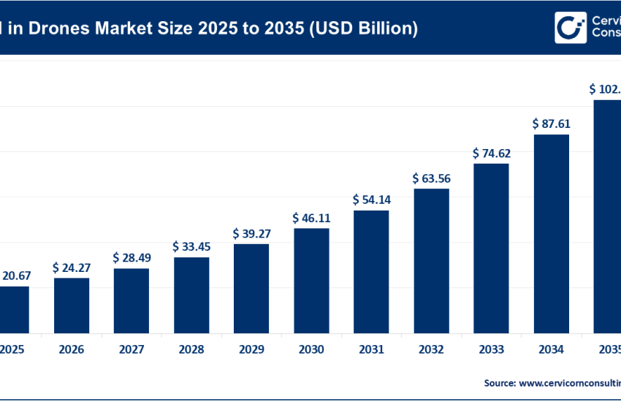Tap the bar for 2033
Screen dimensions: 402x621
coord(491,248)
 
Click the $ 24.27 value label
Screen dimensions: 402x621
coord(72,268)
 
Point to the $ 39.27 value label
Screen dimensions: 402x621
coord(251,233)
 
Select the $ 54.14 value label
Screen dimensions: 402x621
coord(371,200)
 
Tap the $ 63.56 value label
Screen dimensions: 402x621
coord(431,178)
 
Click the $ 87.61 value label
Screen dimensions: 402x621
coord(551,124)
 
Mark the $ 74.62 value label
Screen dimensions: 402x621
coord(491,153)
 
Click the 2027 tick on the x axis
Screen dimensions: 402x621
coord(132,349)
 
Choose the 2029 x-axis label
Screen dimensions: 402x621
coord(251,349)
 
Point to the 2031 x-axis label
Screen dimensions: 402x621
coord(371,349)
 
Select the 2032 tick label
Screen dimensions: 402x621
coord(431,349)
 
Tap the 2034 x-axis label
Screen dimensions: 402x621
coord(551,349)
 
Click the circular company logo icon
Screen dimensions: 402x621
coord(571,28)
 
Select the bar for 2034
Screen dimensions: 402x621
coord(551,233)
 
